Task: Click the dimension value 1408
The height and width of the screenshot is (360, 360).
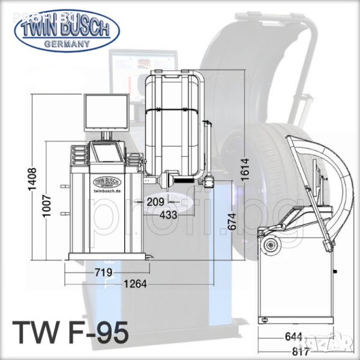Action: [32, 179]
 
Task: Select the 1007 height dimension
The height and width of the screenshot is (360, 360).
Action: [47, 206]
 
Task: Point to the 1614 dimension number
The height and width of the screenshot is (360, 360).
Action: [245, 169]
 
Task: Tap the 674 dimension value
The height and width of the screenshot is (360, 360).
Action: [232, 221]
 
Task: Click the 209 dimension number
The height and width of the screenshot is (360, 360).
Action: [155, 202]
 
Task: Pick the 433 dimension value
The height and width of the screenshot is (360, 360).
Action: [169, 215]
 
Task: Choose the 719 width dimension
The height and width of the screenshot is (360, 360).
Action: [104, 272]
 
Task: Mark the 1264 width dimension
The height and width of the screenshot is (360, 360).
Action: [135, 284]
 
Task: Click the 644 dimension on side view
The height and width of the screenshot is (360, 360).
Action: [293, 337]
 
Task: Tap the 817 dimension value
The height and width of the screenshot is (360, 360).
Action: [301, 352]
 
